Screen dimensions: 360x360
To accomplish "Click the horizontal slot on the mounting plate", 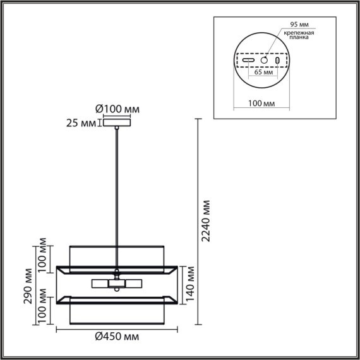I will [249, 60].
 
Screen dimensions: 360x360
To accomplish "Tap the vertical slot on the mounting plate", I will [277, 60].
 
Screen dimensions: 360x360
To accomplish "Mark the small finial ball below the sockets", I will [116, 291].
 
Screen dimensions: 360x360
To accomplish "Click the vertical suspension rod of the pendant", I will [116, 189].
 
